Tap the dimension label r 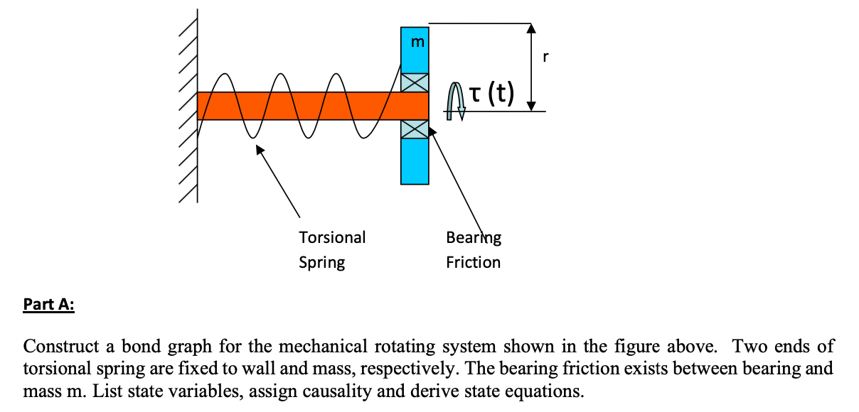click(545, 58)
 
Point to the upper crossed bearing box click(415, 82)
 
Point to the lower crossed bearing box click(415, 129)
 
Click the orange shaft click(299, 106)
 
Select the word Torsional click(332, 237)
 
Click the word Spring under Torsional click(321, 262)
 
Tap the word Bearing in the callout click(473, 237)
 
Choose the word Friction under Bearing click(473, 262)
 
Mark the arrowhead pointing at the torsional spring click(260, 149)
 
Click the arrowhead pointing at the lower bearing click(431, 133)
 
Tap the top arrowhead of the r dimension click(531, 28)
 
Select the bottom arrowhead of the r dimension click(531, 106)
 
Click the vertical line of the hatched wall click(197, 107)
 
